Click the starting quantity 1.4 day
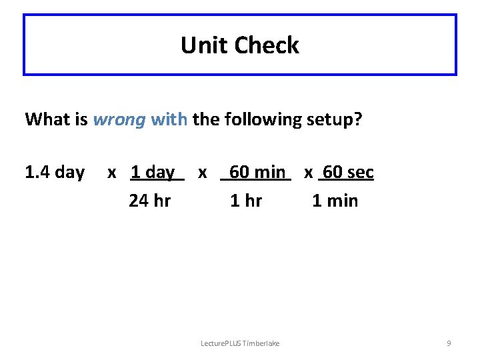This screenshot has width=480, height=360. [x=55, y=173]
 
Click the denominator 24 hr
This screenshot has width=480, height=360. [x=149, y=201]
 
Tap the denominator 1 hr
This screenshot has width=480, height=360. [x=246, y=201]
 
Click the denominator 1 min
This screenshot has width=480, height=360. [x=335, y=201]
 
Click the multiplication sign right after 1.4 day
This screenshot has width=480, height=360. [x=112, y=173]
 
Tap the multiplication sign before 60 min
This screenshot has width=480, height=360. [x=202, y=173]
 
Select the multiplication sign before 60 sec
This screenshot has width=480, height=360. [x=309, y=173]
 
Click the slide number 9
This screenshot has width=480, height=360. [x=449, y=343]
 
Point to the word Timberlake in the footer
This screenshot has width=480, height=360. [x=261, y=343]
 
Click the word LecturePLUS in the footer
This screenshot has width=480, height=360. [x=221, y=343]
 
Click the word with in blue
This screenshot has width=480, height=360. [x=170, y=119]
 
